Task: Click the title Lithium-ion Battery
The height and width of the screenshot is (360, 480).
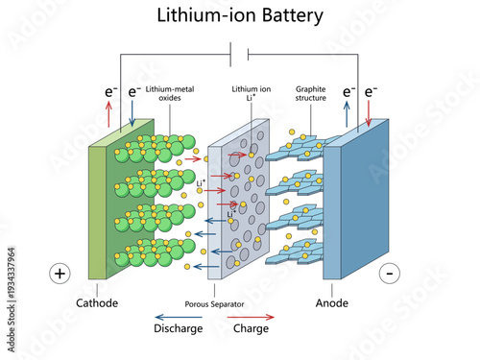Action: tap(240, 15)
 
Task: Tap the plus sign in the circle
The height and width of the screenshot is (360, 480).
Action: tap(60, 274)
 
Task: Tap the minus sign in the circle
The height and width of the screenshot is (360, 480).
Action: tap(389, 274)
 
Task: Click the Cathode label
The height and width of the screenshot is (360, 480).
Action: tap(98, 303)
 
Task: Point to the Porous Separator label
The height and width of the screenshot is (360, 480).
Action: tap(216, 304)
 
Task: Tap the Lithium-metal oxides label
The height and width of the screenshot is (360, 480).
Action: tap(170, 93)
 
